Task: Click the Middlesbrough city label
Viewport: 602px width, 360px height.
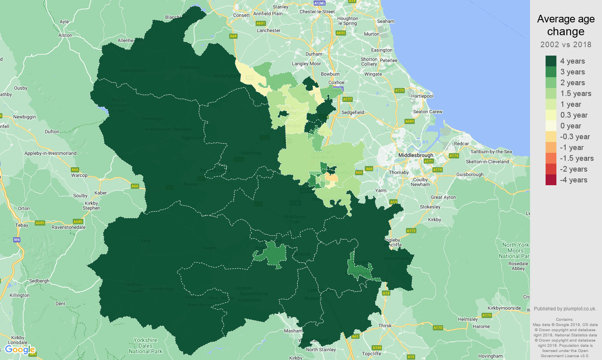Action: pos(416,155)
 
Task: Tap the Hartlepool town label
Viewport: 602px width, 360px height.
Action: pos(422,96)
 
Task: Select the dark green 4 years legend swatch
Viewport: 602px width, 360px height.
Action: pos(551,61)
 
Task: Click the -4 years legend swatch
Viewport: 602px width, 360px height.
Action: pos(551,180)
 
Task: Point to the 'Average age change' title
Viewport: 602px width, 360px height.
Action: pos(566,25)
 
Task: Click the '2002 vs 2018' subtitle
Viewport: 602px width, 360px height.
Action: pos(566,44)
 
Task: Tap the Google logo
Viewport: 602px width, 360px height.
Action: pos(20,350)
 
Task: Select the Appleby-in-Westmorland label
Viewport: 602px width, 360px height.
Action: pos(50,153)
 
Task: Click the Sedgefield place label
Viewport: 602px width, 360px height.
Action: pos(353,112)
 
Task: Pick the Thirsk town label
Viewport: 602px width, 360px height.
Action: pos(385,326)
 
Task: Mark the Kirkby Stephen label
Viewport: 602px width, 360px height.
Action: pos(91,206)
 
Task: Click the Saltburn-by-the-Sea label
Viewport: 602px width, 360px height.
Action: pos(491,152)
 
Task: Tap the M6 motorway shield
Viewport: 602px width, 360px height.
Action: pos(17,240)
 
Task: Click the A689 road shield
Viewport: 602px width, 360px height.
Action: pos(409,121)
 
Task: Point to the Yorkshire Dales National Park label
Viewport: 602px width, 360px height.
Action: pos(146,346)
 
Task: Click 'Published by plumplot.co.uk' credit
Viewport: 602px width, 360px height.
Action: pos(565,308)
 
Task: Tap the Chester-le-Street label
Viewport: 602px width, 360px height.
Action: pos(317,12)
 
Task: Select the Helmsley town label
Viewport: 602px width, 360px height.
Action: pos(468,319)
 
